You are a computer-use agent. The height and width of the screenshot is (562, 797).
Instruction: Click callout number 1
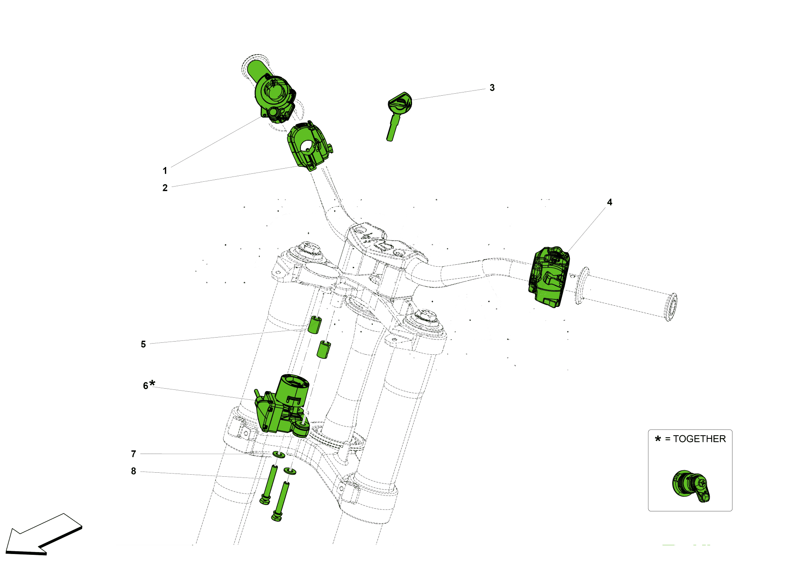[165, 171]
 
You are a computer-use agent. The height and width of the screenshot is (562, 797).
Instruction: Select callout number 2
[165, 188]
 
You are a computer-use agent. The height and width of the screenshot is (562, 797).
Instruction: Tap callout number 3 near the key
[492, 88]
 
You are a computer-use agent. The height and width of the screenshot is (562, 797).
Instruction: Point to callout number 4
[609, 202]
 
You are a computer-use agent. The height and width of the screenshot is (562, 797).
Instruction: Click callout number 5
[143, 344]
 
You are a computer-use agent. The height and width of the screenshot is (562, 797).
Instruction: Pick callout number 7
[133, 454]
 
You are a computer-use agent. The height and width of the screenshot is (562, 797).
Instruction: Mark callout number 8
[133, 471]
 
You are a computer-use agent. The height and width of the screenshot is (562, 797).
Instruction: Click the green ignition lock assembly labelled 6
[283, 407]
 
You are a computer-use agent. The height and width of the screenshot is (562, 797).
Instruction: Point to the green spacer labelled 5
[314, 325]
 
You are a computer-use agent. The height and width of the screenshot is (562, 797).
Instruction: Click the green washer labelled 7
[279, 454]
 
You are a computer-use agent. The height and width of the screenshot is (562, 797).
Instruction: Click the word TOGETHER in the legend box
[699, 439]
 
